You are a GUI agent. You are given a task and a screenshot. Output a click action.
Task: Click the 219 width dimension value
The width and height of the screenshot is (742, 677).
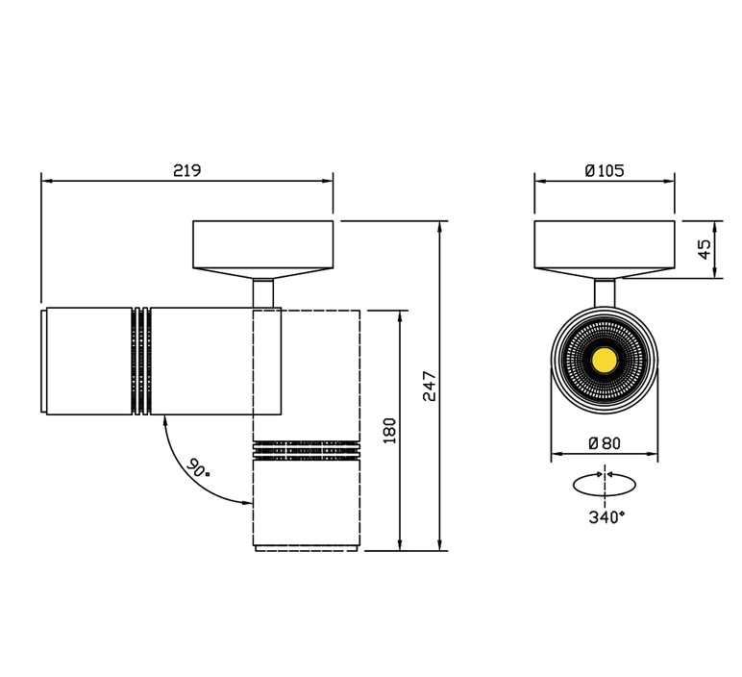[186, 170]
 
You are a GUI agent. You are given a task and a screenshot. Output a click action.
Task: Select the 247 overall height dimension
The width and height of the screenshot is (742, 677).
[430, 386]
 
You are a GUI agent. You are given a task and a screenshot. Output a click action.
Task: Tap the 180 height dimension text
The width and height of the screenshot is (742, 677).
[389, 431]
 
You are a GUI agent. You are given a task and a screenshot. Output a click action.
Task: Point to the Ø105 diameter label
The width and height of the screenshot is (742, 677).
[605, 170]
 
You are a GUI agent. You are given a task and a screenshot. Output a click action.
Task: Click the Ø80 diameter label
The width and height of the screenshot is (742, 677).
[605, 443]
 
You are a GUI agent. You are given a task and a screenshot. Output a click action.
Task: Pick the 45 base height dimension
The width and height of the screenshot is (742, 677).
[705, 249]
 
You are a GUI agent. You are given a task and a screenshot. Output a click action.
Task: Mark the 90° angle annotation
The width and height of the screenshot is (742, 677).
[197, 468]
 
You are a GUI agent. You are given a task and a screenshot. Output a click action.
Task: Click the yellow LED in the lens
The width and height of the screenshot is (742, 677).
[605, 361]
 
